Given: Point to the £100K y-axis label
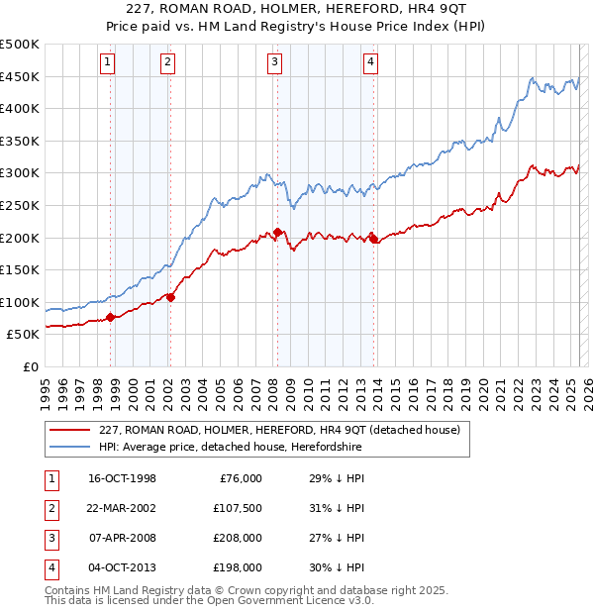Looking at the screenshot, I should click(x=20, y=302).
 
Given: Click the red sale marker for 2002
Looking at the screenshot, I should click(x=170, y=296).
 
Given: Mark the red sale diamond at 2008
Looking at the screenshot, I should click(x=277, y=232).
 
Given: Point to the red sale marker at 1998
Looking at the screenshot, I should click(x=111, y=317).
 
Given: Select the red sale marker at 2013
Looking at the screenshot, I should click(x=373, y=238).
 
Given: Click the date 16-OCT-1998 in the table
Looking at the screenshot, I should click(x=122, y=479).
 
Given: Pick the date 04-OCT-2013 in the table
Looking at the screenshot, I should click(x=122, y=568).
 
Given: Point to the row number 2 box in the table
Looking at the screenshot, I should click(x=49, y=509).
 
